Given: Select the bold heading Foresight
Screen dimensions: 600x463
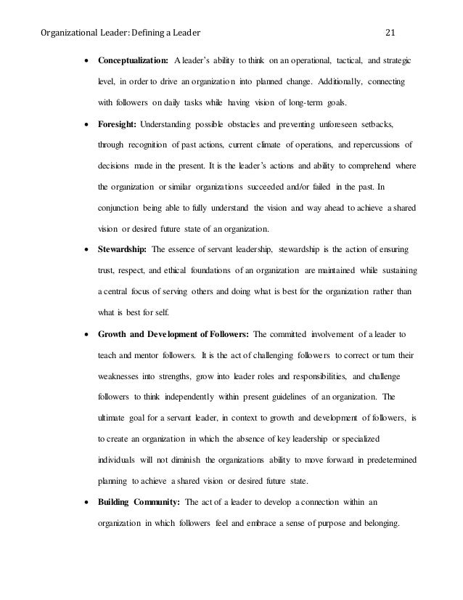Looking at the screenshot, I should (x=117, y=125).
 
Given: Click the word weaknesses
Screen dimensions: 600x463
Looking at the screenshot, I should (x=121, y=378).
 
